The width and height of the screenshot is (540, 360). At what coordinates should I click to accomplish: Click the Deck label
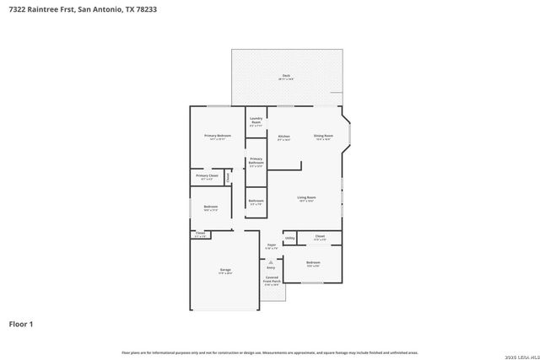[287, 76]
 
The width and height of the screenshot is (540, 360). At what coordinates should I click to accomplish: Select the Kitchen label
[283, 136]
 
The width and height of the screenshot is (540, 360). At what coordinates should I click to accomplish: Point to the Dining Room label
[324, 136]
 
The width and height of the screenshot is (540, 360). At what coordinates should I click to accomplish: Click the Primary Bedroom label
[217, 136]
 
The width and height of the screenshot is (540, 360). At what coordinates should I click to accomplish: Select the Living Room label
[305, 197]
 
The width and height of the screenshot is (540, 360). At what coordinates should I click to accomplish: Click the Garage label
[225, 270]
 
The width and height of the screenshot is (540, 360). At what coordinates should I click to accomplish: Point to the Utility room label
[289, 239]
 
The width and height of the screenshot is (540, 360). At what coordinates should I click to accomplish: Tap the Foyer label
[271, 245]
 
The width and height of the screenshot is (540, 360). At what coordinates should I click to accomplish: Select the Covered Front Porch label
[272, 279]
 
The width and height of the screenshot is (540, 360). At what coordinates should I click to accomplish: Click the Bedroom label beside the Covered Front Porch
[313, 263]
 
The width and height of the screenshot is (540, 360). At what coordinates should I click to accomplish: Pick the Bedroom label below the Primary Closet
[210, 207]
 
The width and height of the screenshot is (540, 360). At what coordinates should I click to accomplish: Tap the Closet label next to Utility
[320, 236]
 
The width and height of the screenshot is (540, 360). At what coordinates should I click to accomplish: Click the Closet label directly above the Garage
[200, 234]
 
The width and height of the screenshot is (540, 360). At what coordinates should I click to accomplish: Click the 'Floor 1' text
[21, 323]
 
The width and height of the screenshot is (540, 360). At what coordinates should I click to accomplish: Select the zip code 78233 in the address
[143, 9]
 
